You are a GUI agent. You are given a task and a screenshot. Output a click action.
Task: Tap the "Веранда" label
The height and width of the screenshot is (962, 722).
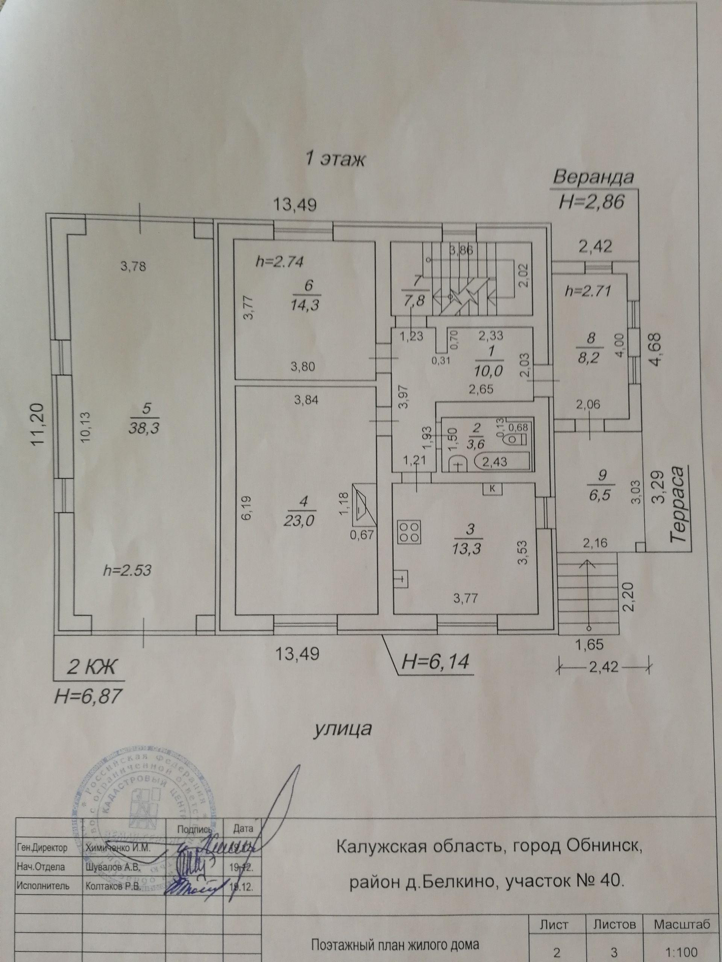(x=593, y=178)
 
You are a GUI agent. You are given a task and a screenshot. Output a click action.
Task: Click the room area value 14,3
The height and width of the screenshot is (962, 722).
(x=306, y=305)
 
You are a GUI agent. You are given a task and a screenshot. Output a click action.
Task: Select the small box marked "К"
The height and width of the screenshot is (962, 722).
(x=493, y=489)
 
